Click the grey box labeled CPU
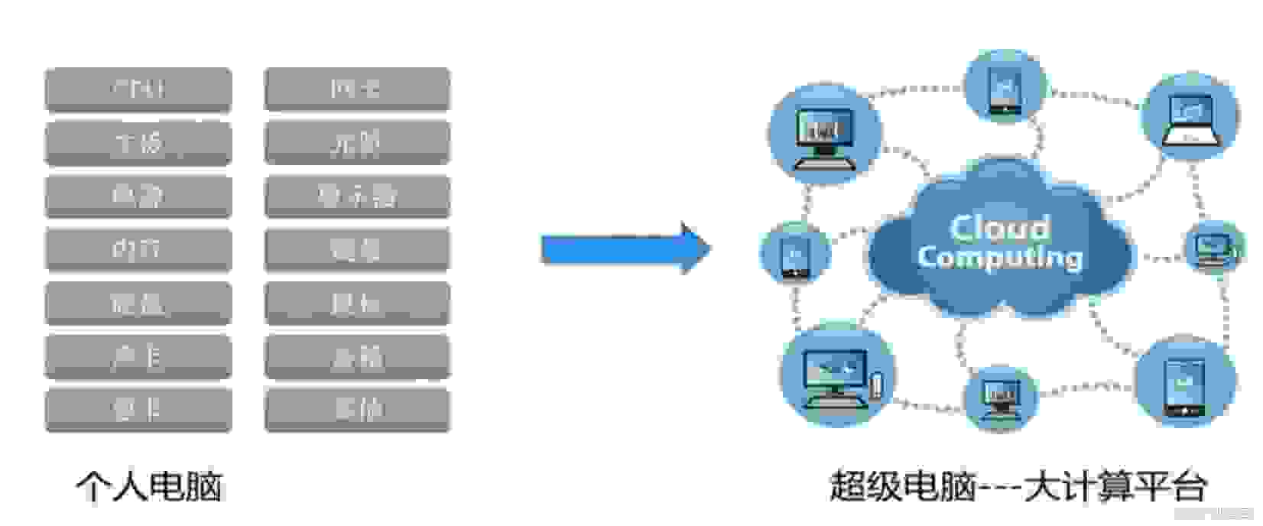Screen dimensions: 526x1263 pyautogui.click(x=138, y=89)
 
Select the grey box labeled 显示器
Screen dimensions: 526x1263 pyautogui.click(x=357, y=196)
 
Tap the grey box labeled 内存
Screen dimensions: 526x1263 pyautogui.click(x=138, y=249)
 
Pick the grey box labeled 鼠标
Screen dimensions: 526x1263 pyautogui.click(x=357, y=303)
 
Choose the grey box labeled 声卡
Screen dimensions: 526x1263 pyautogui.click(x=138, y=356)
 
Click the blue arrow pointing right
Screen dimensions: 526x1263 pyautogui.click(x=625, y=248)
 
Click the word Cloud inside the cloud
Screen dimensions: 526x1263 pyautogui.click(x=999, y=227)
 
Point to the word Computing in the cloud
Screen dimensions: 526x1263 pyautogui.click(x=999, y=258)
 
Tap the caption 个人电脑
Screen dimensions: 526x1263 pyautogui.click(x=149, y=486)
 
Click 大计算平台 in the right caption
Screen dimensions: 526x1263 pyautogui.click(x=1115, y=486)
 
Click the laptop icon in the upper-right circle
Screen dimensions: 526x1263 pyautogui.click(x=1190, y=119)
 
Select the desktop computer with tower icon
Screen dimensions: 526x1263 pyautogui.click(x=838, y=376)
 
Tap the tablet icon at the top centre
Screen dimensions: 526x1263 pyautogui.click(x=1004, y=88)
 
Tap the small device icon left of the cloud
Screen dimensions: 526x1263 pyautogui.click(x=794, y=253)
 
